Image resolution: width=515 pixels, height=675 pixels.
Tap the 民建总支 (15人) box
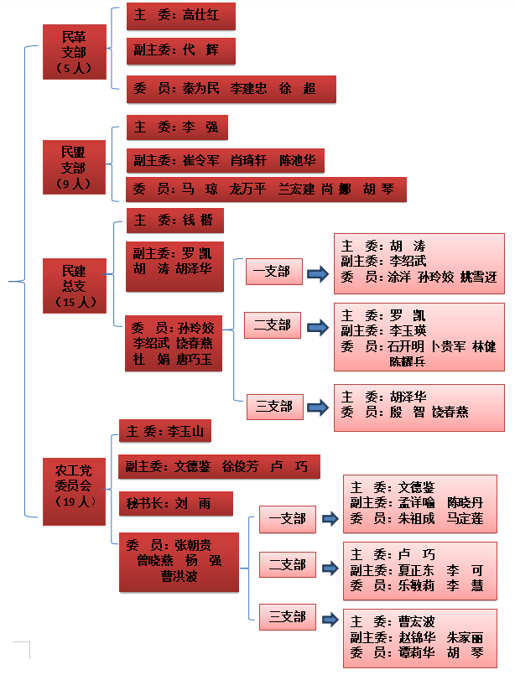pyautogui.click(x=75, y=287)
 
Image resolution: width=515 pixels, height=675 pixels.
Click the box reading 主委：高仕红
pyautogui.click(x=180, y=16)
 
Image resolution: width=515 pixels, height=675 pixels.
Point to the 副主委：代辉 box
pyautogui.click(x=180, y=50)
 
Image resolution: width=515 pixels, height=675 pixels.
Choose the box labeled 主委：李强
pyautogui.click(x=177, y=128)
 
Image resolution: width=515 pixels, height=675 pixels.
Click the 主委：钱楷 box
pyautogui.click(x=174, y=221)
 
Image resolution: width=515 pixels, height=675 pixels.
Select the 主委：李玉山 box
pyautogui.click(x=164, y=432)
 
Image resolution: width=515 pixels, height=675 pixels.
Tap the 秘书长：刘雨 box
pyautogui.click(x=175, y=504)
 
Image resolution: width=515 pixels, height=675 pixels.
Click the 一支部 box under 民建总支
pyautogui.click(x=273, y=272)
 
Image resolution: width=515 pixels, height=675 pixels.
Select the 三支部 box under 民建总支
pyautogui.click(x=274, y=407)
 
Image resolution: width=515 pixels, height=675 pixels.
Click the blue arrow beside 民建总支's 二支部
pyautogui.click(x=317, y=326)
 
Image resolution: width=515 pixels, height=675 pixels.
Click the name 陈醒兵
pyautogui.click(x=407, y=362)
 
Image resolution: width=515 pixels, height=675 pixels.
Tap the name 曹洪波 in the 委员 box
pyautogui.click(x=179, y=576)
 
